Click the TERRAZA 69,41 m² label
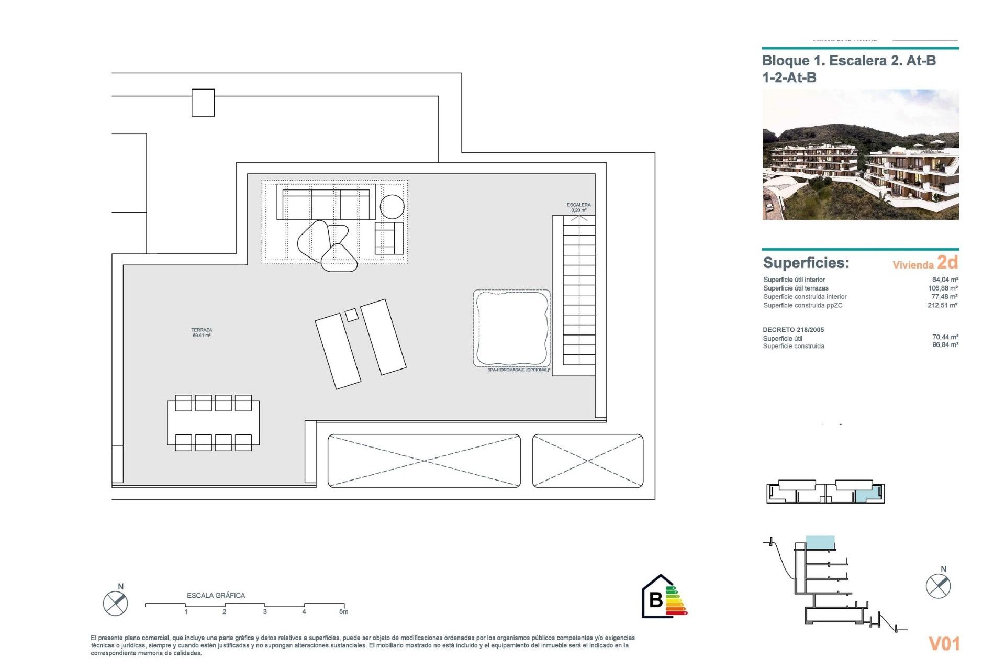click(x=202, y=332)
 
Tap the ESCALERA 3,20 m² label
click(x=578, y=207)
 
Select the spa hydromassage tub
click(x=511, y=328)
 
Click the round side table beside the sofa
click(x=392, y=207)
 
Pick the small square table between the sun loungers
click(x=352, y=315)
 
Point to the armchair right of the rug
click(x=389, y=238)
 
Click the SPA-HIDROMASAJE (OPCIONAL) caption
click(x=518, y=370)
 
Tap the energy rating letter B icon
click(x=656, y=599)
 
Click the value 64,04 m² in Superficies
click(x=945, y=280)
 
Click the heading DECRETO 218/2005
click(x=793, y=330)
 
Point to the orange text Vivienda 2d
click(x=925, y=263)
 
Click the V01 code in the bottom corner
click(x=944, y=644)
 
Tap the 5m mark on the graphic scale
click(x=343, y=611)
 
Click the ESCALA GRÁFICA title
click(x=216, y=596)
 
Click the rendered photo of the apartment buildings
click(x=860, y=154)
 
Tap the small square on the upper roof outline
click(x=203, y=103)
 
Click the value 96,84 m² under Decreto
click(x=945, y=345)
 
